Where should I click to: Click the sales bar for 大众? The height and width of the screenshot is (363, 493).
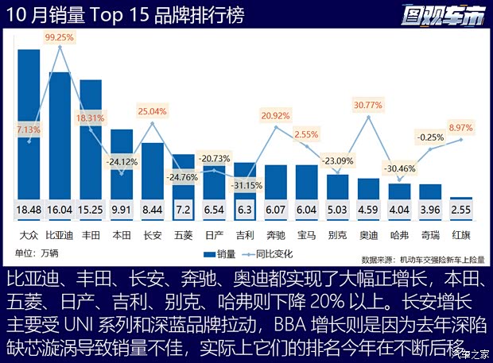click(29, 123)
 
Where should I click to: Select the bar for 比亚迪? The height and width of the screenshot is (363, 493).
click(60, 135)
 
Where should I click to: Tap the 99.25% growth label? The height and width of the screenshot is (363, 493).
click(60, 37)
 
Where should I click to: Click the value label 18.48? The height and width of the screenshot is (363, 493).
click(29, 210)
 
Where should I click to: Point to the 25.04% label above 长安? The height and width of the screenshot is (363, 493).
click(152, 110)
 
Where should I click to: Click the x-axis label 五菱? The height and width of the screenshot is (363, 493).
click(183, 235)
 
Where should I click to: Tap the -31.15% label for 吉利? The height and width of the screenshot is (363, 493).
click(244, 185)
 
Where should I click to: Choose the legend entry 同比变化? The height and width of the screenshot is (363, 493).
click(274, 254)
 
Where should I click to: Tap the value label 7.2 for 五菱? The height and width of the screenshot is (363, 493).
click(183, 210)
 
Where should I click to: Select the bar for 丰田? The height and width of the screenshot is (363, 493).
click(91, 139)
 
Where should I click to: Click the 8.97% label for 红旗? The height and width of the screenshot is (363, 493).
click(461, 127)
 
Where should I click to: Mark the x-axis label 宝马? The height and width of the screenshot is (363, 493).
click(306, 235)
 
